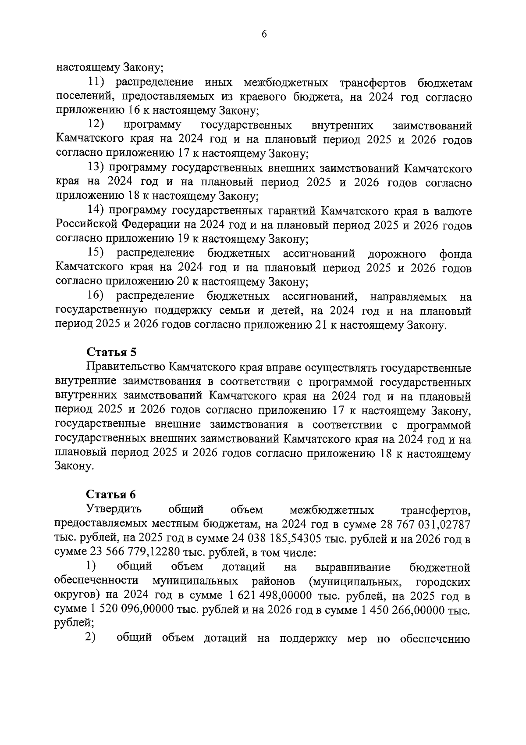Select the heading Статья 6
[x=111, y=494]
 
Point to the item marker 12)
[x=96, y=125]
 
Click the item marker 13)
[x=96, y=168]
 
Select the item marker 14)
[x=96, y=211]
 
